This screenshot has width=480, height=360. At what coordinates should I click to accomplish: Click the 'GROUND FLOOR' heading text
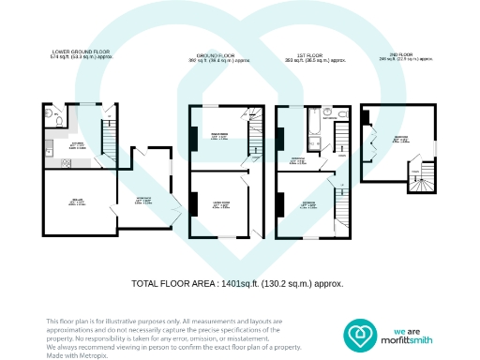tap(218, 54)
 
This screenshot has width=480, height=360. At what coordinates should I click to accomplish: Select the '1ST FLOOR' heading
tap(315, 54)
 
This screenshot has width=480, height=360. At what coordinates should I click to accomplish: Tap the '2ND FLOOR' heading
tap(404, 54)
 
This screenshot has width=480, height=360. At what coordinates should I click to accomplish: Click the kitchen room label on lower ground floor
tap(77, 146)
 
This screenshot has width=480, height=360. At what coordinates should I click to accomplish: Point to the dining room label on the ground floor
tap(221, 137)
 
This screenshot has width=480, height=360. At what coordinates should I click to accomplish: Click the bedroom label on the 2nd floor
tap(399, 138)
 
